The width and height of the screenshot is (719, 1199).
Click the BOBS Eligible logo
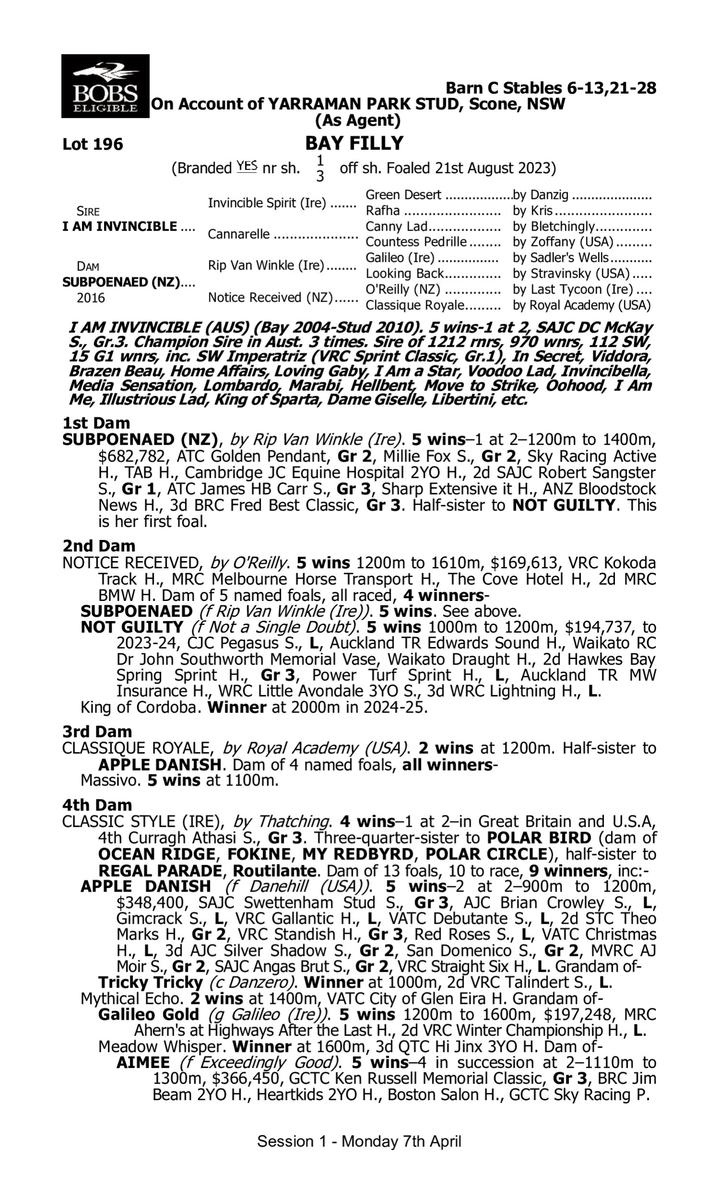(x=105, y=86)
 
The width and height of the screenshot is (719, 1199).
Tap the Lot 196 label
(x=93, y=144)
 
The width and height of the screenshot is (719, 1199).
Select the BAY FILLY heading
(x=354, y=143)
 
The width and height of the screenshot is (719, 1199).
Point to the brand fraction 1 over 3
(x=320, y=168)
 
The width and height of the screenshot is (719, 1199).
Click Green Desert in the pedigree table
(x=403, y=195)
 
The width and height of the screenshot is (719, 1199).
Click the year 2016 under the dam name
(x=91, y=297)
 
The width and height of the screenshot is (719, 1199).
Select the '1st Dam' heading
(x=96, y=423)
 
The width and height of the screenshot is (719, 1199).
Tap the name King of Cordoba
(x=140, y=707)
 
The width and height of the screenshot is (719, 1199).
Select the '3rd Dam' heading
(x=97, y=731)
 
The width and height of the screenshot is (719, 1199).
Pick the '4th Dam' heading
(x=97, y=805)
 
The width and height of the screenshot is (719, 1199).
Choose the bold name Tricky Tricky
(x=150, y=982)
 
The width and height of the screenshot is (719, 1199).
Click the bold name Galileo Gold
(x=148, y=1014)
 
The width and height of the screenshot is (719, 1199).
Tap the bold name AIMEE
(x=143, y=1062)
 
